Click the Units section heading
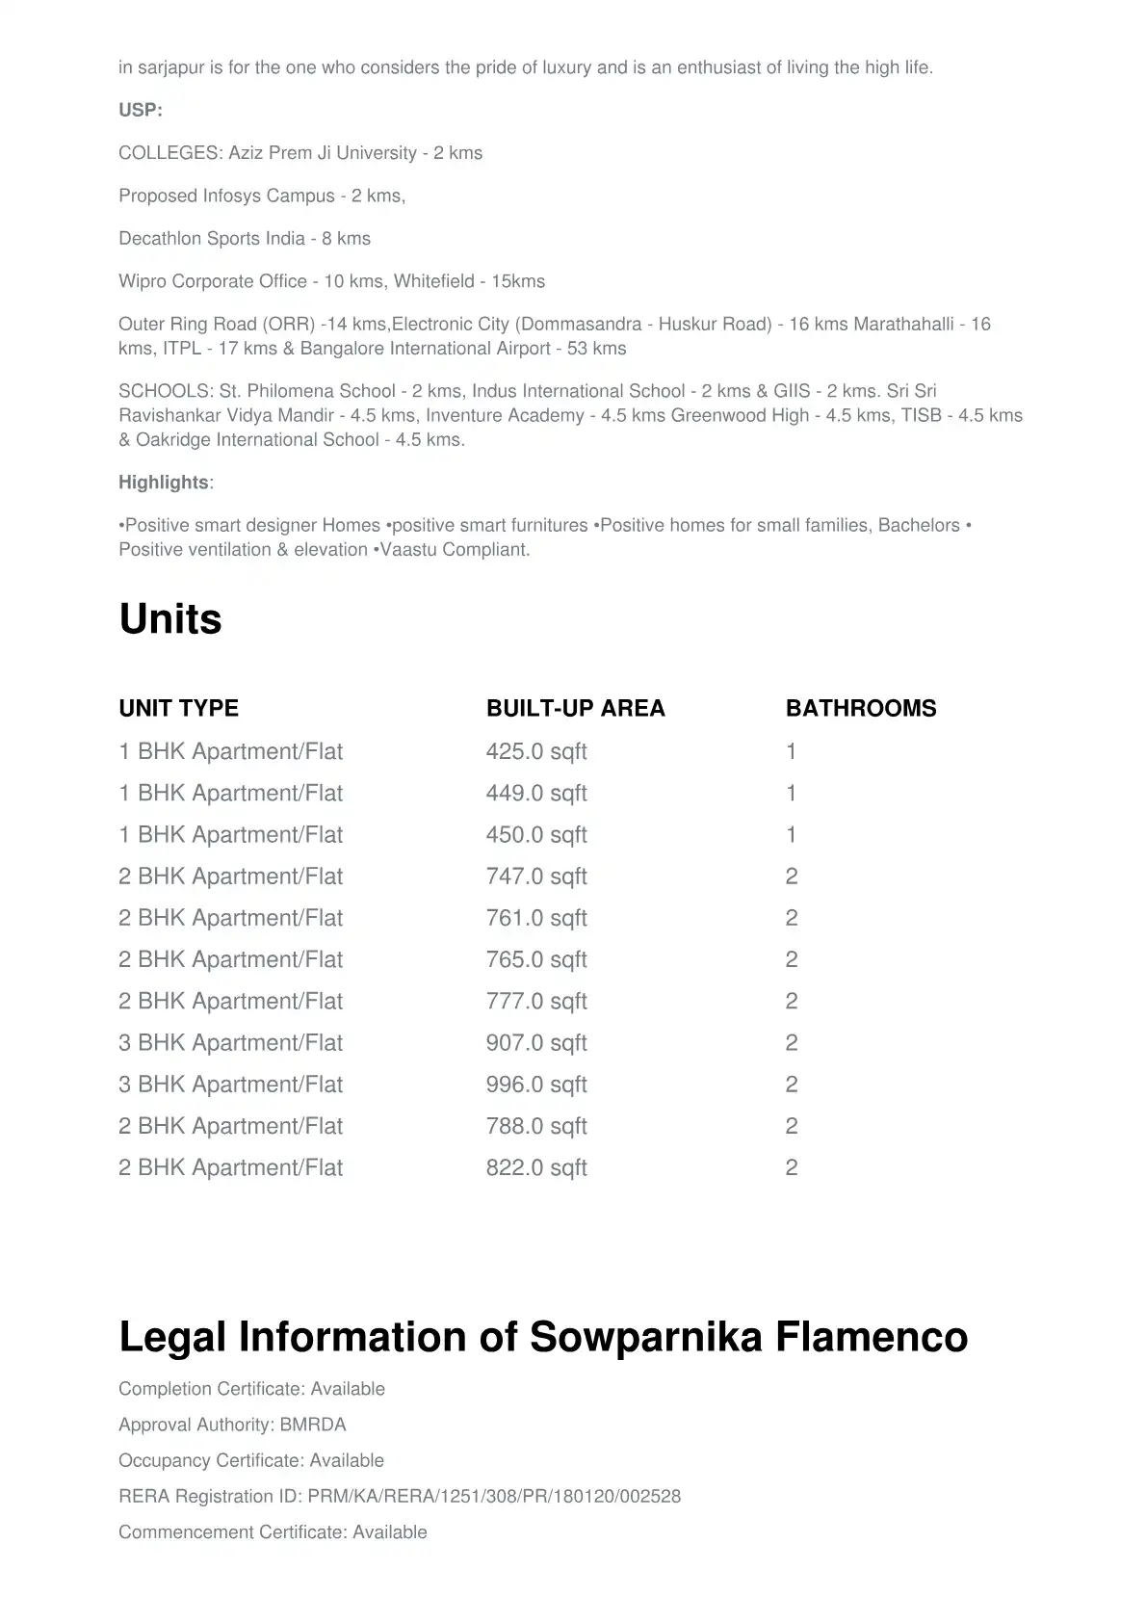[170, 618]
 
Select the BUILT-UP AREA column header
[575, 708]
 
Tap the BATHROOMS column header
[860, 708]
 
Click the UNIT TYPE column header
[178, 708]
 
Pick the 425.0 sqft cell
[535, 751]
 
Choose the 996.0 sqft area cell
[535, 1085]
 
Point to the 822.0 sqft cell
[535, 1167]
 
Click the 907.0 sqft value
[535, 1043]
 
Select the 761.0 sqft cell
[535, 918]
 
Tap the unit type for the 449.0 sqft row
[230, 793]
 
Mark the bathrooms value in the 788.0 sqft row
[792, 1126]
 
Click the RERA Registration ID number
[494, 1497]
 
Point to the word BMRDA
[313, 1425]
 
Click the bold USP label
[140, 110]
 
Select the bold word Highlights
[163, 483]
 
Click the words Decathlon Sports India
[211, 238]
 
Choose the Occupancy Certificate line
[250, 1460]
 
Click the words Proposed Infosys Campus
[226, 196]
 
